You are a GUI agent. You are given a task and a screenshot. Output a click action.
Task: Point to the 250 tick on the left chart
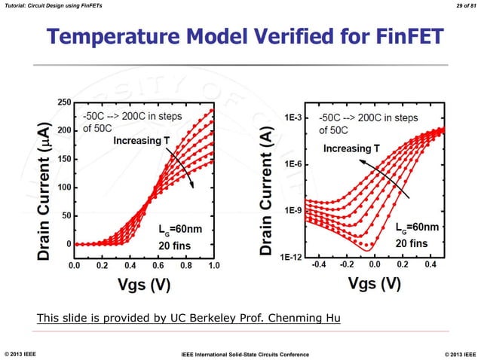point(65,102)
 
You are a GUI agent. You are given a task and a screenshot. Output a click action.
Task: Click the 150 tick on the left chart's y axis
point(65,159)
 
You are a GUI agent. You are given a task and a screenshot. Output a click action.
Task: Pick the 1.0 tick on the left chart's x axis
point(213,266)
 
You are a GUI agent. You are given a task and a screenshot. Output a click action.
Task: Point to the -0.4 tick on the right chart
point(319,266)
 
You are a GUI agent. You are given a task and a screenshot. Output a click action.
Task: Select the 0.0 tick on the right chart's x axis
point(372,266)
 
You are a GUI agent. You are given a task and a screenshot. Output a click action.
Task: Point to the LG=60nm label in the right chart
point(417,227)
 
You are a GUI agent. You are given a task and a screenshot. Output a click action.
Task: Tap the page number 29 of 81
point(458,6)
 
